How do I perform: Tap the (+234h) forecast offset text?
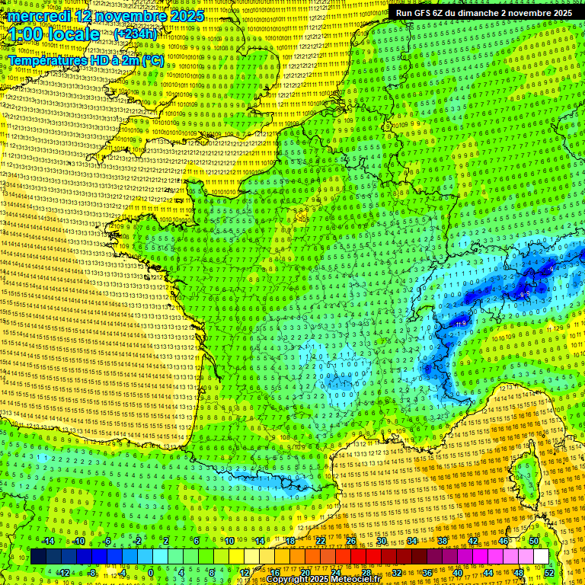point(135,34)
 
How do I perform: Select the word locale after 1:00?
point(72,34)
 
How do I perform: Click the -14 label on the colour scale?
point(47,541)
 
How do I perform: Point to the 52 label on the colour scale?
point(549,572)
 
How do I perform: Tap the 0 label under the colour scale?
point(151,572)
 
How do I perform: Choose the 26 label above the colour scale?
point(351,541)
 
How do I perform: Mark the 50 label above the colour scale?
point(533,541)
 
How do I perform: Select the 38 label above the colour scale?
point(442,541)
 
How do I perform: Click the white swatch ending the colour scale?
point(541,557)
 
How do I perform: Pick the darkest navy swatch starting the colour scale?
point(38,557)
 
